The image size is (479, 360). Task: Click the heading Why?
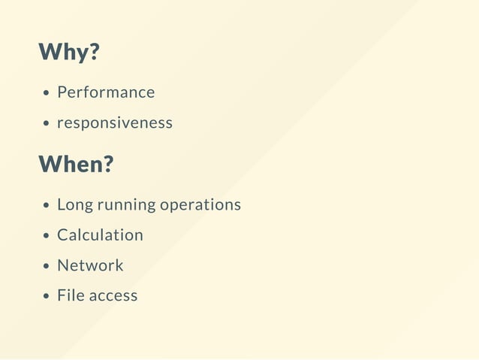click(68, 53)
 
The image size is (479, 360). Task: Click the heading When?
click(75, 164)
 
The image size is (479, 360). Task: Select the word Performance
click(106, 92)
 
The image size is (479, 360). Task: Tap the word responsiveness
click(115, 123)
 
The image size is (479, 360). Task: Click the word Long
click(73, 204)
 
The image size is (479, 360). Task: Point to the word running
click(120, 205)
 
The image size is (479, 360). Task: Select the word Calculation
click(100, 234)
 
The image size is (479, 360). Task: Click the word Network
click(90, 265)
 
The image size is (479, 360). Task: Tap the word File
click(70, 295)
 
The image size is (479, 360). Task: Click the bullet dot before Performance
click(47, 94)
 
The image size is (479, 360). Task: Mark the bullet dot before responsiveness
click(47, 124)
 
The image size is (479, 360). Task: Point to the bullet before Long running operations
click(47, 205)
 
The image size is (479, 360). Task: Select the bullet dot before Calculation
click(47, 236)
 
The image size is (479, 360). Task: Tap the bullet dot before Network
click(47, 266)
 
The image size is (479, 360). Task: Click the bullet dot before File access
click(47, 297)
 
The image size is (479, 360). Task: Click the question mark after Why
click(95, 53)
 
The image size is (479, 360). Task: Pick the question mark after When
click(107, 164)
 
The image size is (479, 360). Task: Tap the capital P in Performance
click(62, 92)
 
